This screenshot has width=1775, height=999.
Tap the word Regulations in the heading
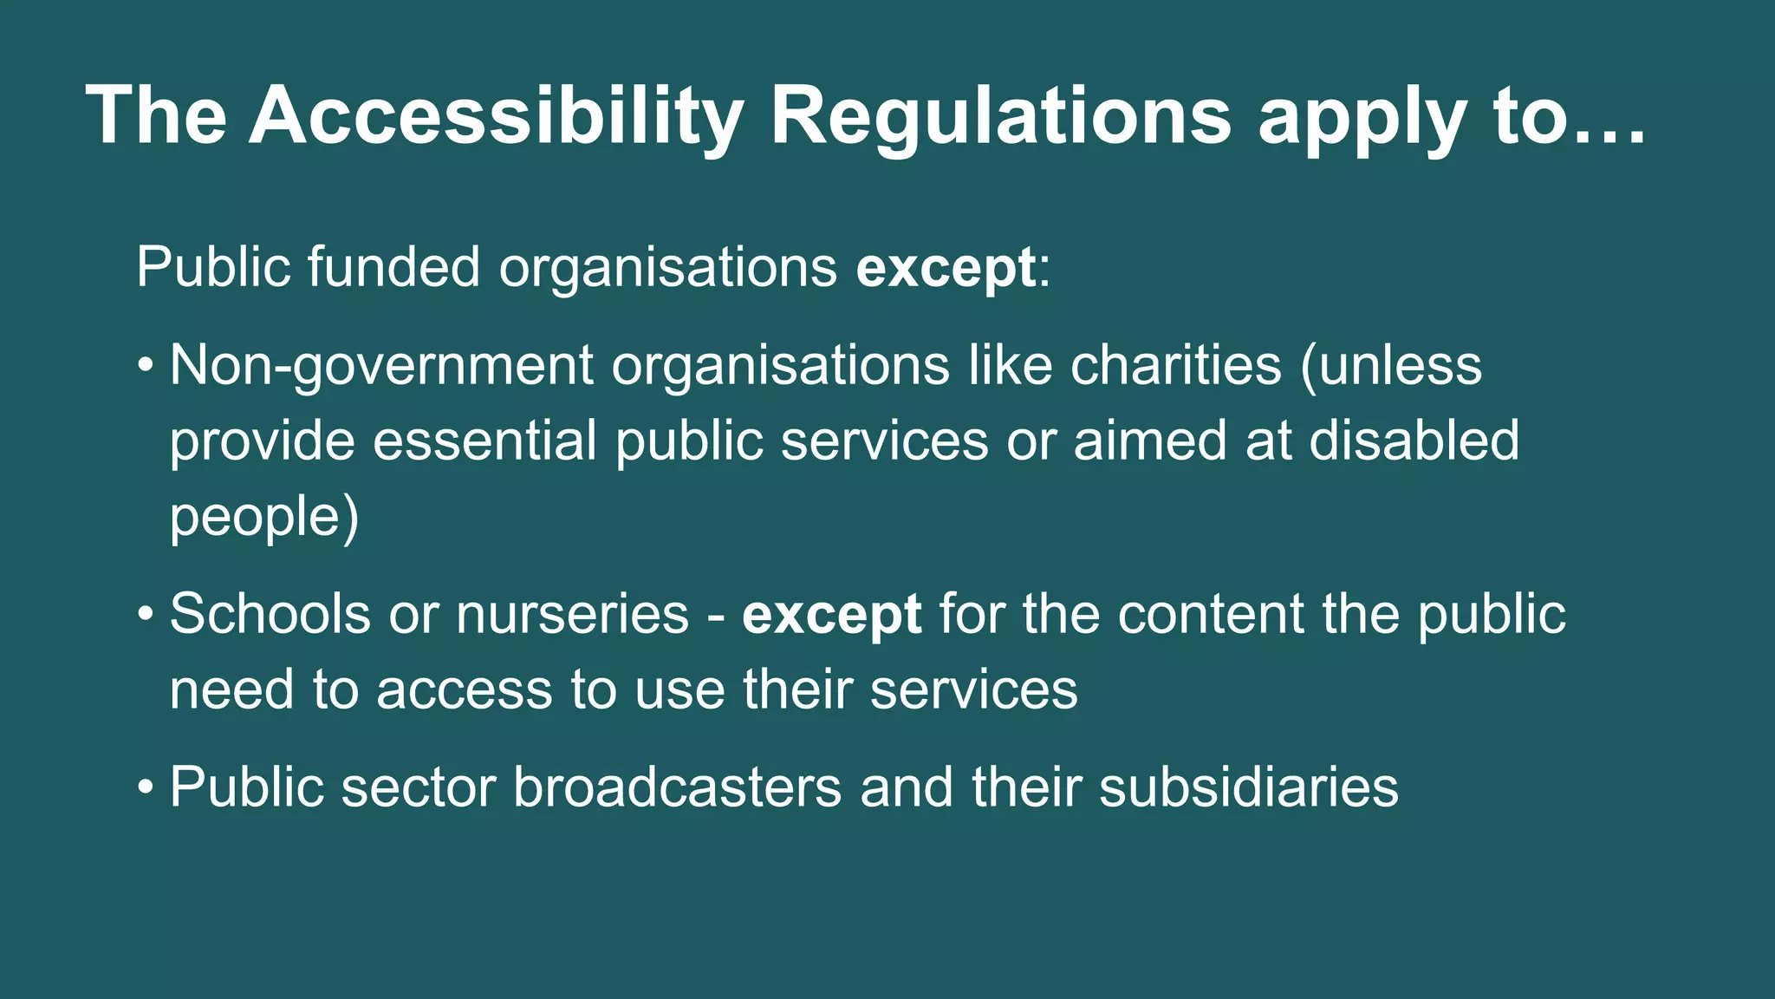1000,116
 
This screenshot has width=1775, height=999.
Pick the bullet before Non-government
146,366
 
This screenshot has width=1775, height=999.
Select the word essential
484,441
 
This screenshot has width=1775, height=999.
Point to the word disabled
1414,441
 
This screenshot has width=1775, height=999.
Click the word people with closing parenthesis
263,517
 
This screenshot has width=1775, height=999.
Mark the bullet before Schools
146,615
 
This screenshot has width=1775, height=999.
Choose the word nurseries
572,615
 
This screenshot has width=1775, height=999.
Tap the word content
1211,615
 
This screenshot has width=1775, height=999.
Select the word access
464,690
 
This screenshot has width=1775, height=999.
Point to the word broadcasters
677,787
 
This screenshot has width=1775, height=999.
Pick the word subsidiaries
1248,787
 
